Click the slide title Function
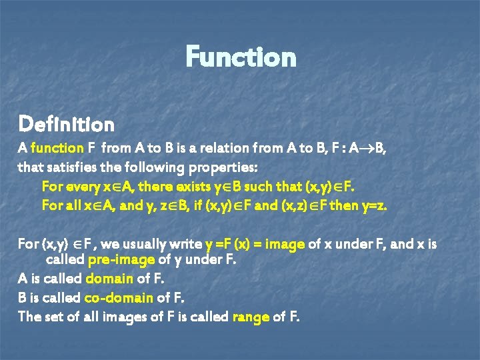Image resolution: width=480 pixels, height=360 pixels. click(241, 57)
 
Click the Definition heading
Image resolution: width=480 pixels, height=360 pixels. click(66, 124)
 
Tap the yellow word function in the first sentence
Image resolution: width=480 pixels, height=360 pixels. click(55, 149)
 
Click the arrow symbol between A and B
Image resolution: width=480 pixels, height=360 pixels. click(361, 149)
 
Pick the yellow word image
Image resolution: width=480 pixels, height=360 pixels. click(285, 244)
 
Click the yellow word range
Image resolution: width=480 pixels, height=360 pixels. click(250, 317)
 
